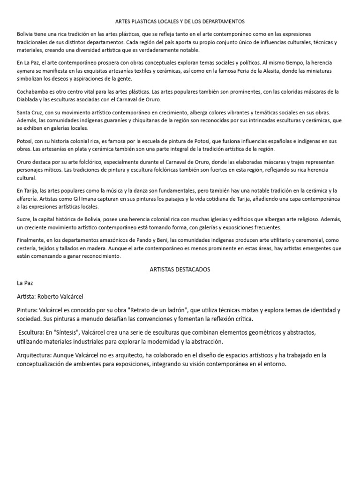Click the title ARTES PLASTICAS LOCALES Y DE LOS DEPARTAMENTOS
pyautogui.click(x=180, y=22)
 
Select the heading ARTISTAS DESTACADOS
pyautogui.click(x=180, y=270)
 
